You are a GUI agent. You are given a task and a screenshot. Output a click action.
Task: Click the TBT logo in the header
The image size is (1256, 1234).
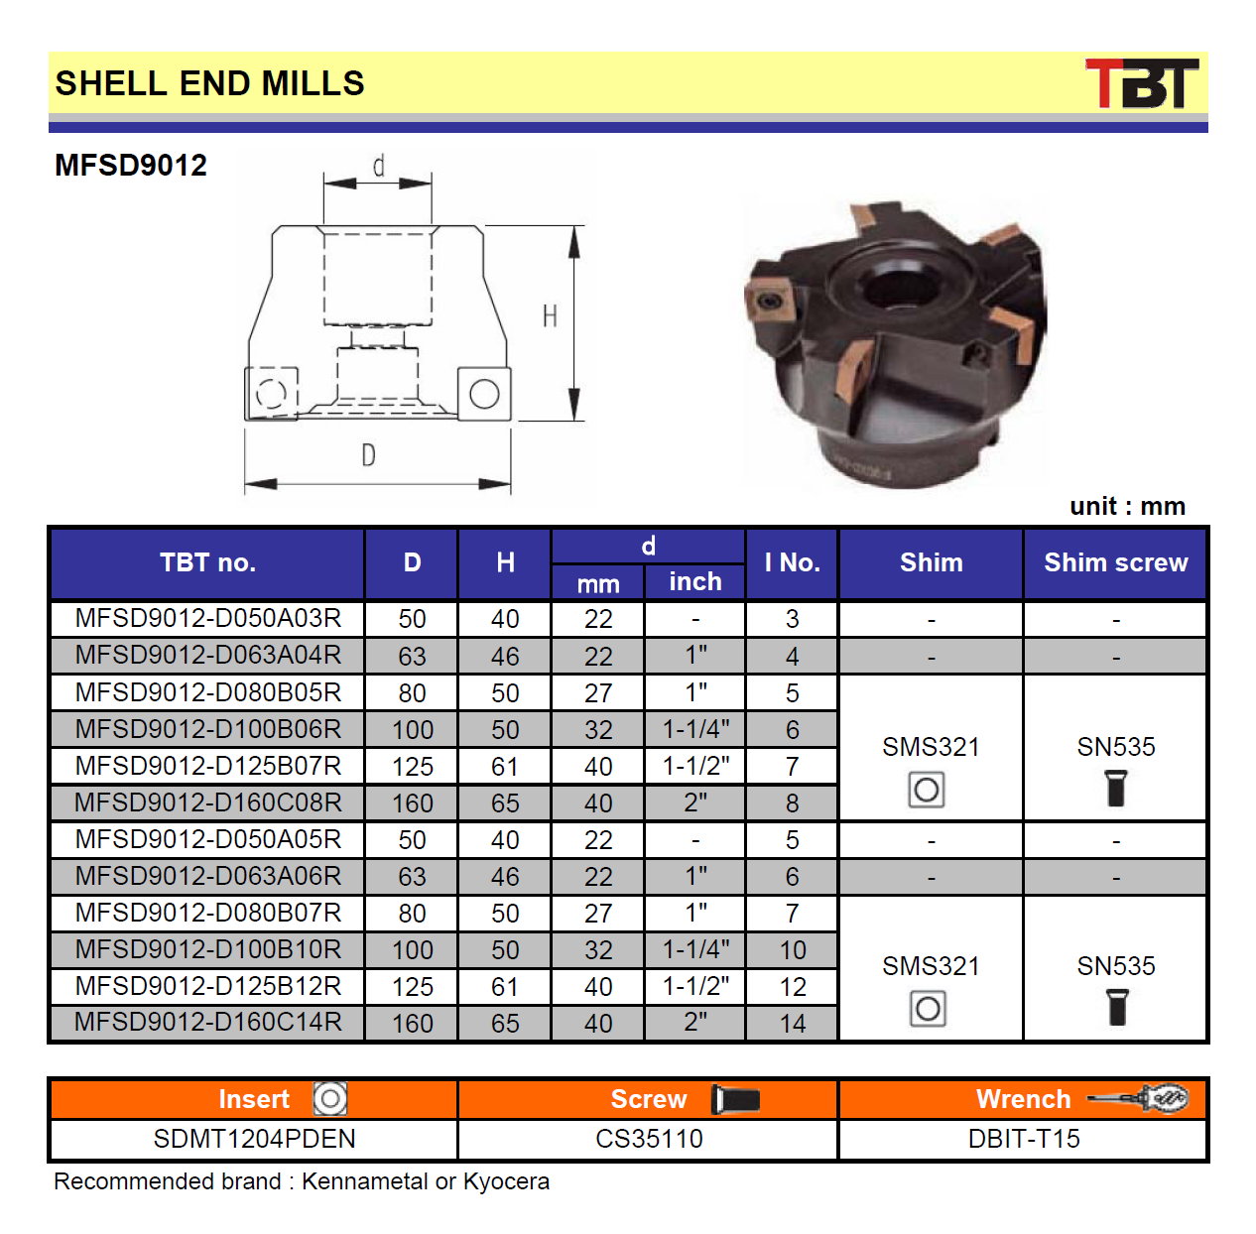click(x=1141, y=82)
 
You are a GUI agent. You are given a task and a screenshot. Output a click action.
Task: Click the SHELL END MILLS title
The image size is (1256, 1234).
click(x=209, y=83)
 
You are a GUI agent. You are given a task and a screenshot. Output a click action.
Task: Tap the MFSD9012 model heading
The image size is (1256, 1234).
click(x=130, y=165)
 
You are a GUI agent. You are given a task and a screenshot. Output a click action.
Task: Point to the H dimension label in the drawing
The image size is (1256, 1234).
click(x=550, y=316)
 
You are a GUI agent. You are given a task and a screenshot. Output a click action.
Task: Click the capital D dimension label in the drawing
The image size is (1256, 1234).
click(x=368, y=455)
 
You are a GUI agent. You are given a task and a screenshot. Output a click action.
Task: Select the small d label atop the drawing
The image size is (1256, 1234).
click(x=378, y=166)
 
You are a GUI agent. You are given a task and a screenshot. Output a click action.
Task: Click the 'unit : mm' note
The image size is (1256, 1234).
click(x=1127, y=506)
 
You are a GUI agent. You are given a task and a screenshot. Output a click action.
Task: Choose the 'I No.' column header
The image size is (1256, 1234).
click(x=792, y=562)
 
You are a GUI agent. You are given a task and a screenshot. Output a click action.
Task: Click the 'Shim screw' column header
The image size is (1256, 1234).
click(x=1115, y=562)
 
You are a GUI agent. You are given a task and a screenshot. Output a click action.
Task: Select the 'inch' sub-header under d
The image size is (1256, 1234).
click(x=694, y=581)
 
